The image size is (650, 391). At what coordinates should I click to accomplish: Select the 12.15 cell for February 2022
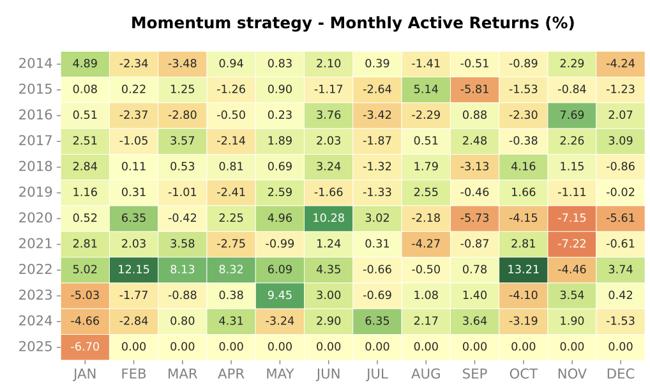[x=133, y=270]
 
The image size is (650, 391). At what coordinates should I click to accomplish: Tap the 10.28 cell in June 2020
[x=328, y=218]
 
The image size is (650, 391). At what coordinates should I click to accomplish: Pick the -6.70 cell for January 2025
[x=85, y=347]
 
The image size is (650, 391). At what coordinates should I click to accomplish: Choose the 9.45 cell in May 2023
[x=280, y=295]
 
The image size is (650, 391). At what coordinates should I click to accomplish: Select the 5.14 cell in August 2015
[x=426, y=89]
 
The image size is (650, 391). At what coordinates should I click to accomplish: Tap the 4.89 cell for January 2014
[x=85, y=63]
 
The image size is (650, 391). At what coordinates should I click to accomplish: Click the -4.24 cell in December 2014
[x=621, y=63]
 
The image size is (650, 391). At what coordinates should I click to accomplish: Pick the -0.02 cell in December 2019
[x=621, y=192]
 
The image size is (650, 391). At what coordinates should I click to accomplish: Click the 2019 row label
[x=36, y=192]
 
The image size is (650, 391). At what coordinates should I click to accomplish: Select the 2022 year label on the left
[x=36, y=270]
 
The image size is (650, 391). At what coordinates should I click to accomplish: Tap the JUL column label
[x=377, y=374]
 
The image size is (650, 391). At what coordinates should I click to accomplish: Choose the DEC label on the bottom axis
[x=621, y=374]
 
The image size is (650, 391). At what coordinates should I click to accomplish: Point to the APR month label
[x=231, y=374]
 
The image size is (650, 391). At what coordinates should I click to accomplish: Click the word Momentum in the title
[x=175, y=24]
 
